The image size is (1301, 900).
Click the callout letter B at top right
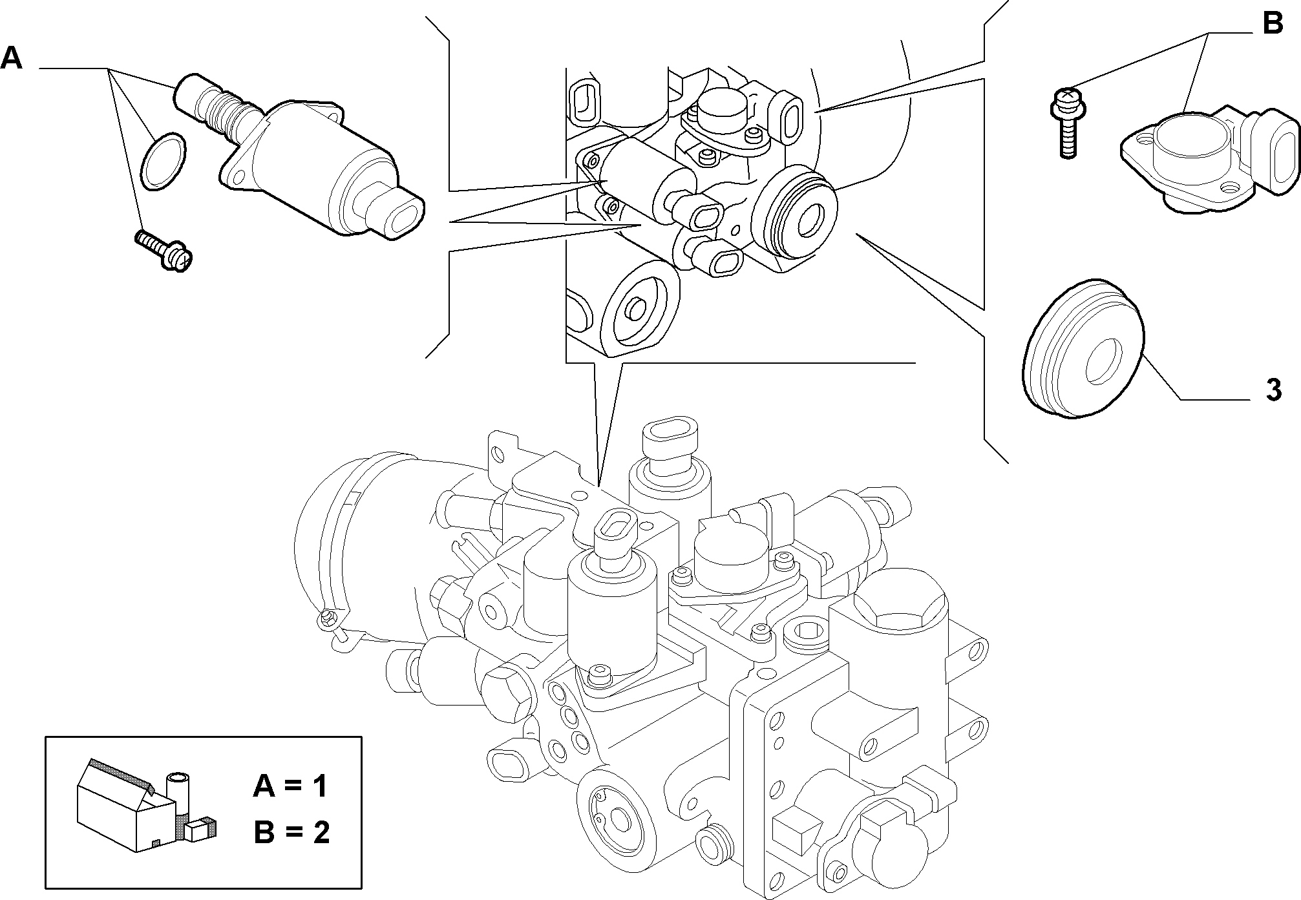pyautogui.click(x=1273, y=24)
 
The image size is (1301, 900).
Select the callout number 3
pyautogui.click(x=1273, y=391)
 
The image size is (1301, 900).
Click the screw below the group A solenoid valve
pyautogui.click(x=164, y=249)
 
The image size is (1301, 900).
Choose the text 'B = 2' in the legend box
pyautogui.click(x=291, y=832)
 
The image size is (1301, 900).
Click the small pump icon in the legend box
pyautogui.click(x=145, y=804)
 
